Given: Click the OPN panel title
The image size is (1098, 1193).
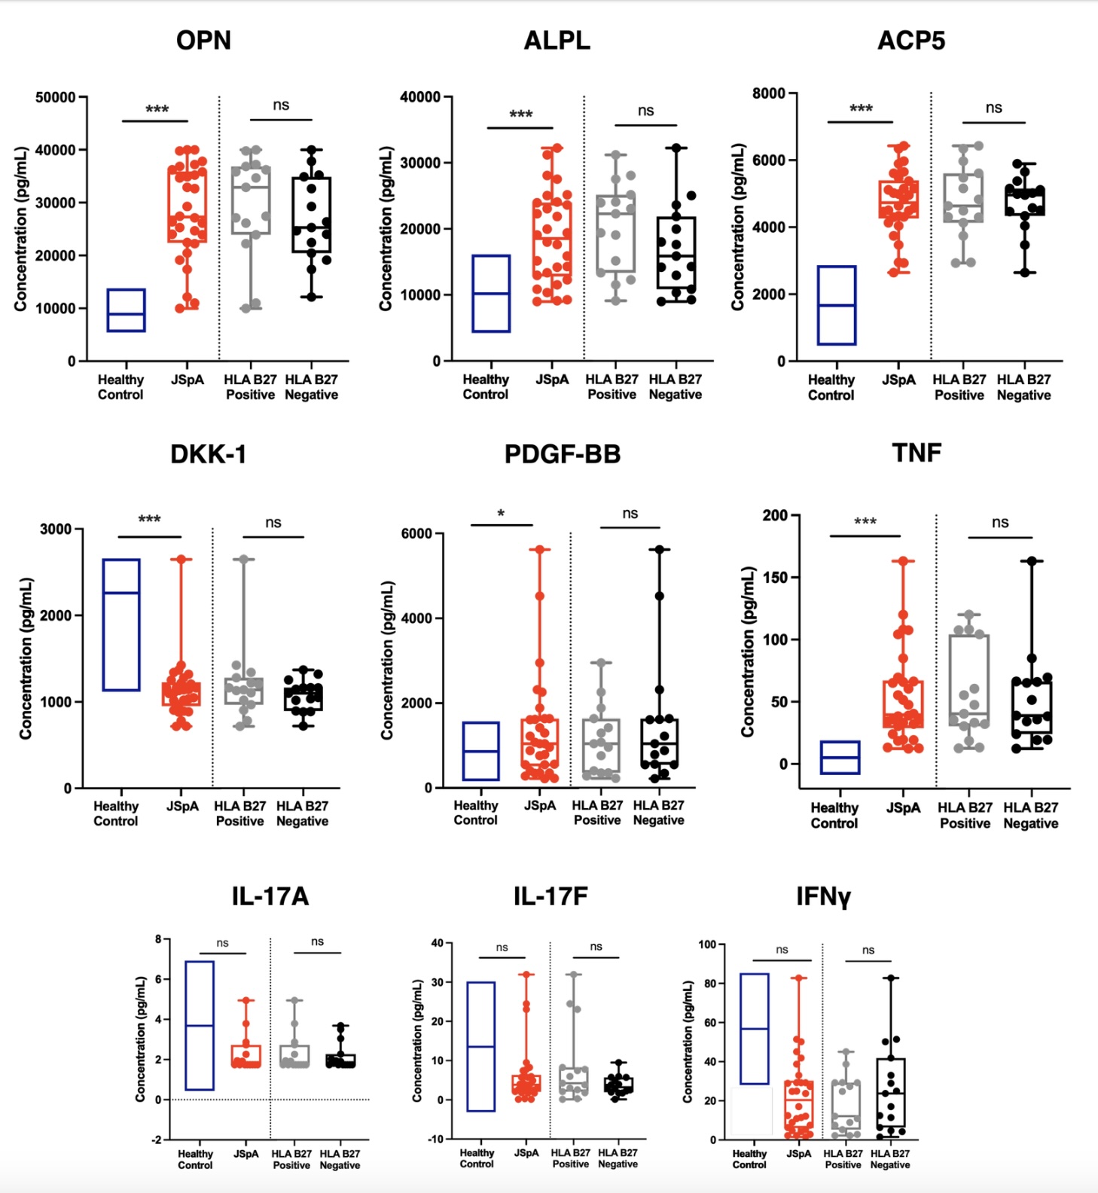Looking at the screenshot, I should pyautogui.click(x=203, y=41).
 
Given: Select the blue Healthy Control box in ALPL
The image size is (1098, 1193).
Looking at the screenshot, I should pyautogui.click(x=491, y=293).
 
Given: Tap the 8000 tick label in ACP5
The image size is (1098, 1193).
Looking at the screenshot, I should pyautogui.click(x=768, y=93).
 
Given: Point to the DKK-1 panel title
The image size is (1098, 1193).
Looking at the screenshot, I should pyautogui.click(x=209, y=454).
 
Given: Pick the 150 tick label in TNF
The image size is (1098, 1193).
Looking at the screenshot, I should pyautogui.click(x=775, y=578).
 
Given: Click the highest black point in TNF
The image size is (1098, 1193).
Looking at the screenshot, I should pyautogui.click(x=1032, y=561).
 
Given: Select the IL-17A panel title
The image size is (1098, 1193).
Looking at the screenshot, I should pyautogui.click(x=270, y=896).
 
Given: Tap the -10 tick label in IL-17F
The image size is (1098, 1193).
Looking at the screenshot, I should pyautogui.click(x=435, y=1139).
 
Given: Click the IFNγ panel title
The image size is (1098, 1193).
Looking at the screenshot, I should pyautogui.click(x=823, y=896).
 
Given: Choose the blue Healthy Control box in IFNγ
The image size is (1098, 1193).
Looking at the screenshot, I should pyautogui.click(x=755, y=1029).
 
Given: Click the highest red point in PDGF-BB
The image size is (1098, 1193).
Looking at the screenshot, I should pyautogui.click(x=539, y=550).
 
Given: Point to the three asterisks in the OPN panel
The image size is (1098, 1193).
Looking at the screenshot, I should pyautogui.click(x=157, y=110).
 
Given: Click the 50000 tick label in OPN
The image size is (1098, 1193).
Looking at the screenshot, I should pyautogui.click(x=55, y=97).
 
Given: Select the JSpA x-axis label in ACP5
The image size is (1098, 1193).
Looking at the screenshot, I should pyautogui.click(x=898, y=380).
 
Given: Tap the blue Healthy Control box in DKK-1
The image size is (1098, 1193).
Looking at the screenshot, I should pyautogui.click(x=121, y=624).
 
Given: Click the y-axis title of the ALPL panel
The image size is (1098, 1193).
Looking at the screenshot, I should pyautogui.click(x=385, y=228).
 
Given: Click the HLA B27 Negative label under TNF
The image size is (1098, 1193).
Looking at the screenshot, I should pyautogui.click(x=1030, y=816).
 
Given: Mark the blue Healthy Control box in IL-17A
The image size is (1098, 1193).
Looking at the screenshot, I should pyautogui.click(x=200, y=1025).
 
